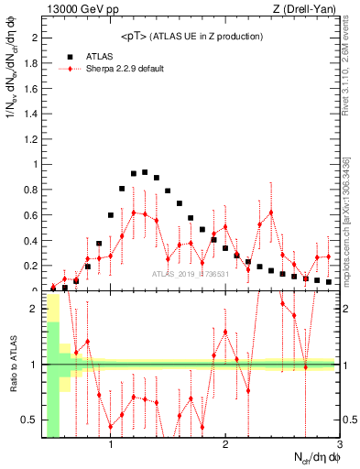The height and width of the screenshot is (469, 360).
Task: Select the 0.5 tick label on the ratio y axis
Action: click(31, 420)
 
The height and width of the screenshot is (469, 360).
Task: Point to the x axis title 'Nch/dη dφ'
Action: click(312, 457)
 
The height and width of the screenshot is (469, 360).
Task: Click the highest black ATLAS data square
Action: click(145, 171)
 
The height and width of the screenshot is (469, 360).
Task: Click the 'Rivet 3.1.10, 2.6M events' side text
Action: click(349, 64)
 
